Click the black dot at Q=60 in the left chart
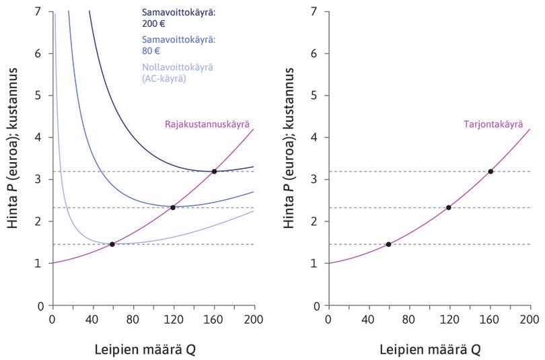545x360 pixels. click(x=112, y=244)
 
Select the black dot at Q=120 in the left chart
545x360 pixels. click(x=173, y=207)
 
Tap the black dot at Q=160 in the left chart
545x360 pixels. click(x=214, y=172)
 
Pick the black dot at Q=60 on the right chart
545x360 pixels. click(x=388, y=244)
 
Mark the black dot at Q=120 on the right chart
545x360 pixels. click(x=449, y=207)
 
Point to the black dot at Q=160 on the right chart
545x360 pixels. click(x=490, y=172)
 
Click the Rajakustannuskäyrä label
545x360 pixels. click(x=207, y=124)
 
